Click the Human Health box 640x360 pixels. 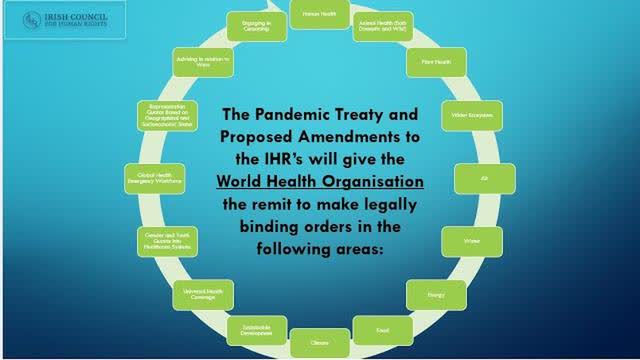pos(318,13)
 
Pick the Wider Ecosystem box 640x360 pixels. pos(467,115)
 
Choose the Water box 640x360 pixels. pos(470,242)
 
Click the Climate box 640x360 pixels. pos(319,341)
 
